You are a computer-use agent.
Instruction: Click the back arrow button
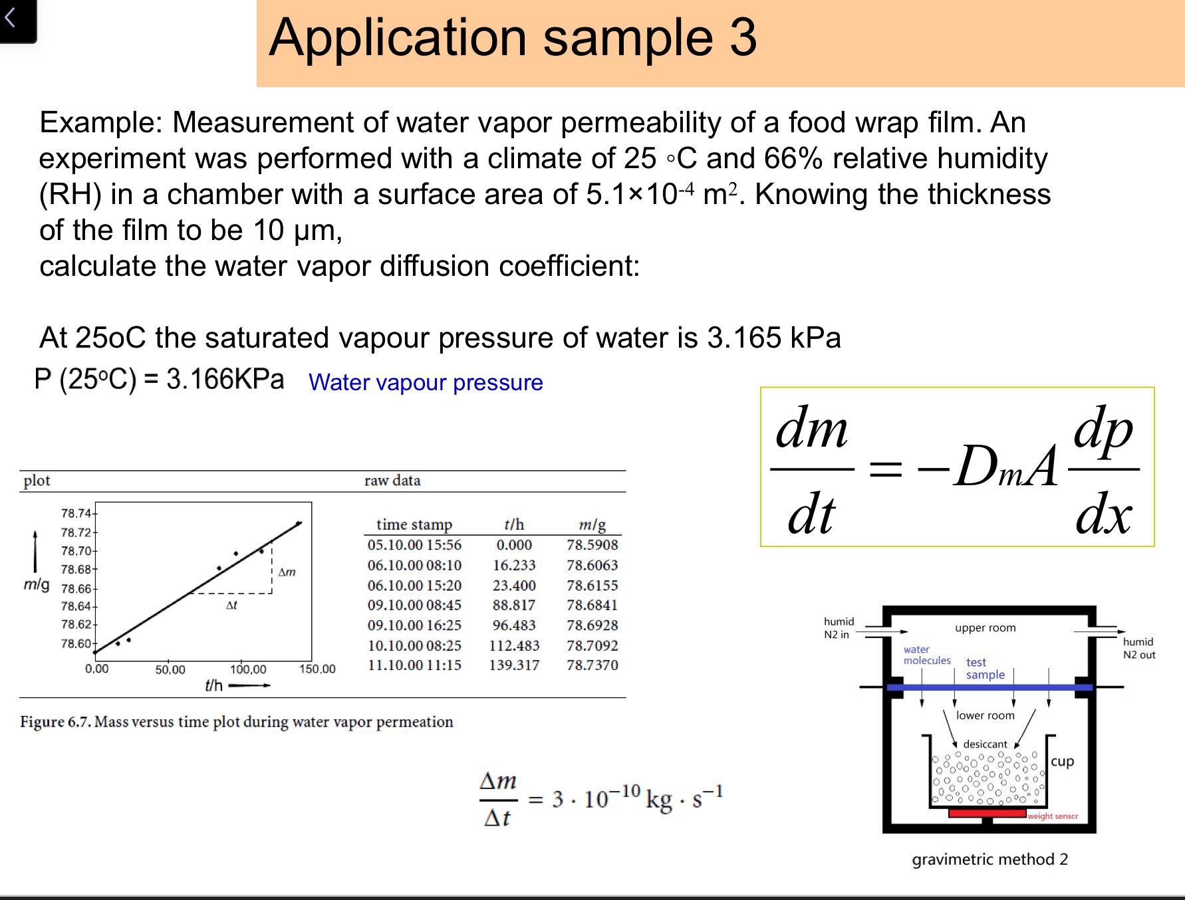(x=11, y=18)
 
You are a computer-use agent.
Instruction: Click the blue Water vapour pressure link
(x=426, y=383)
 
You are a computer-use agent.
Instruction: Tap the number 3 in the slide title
(x=743, y=38)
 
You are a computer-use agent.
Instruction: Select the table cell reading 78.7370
(x=592, y=665)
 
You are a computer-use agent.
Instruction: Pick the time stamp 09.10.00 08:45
(x=414, y=606)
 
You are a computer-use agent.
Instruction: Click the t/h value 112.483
(x=514, y=646)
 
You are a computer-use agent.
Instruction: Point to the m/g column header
(x=592, y=524)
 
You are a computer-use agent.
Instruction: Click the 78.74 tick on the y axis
(x=76, y=513)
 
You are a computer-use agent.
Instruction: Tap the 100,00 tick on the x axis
(x=248, y=669)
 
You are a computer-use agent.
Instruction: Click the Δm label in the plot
(x=287, y=572)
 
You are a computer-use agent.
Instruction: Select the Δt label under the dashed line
(x=231, y=606)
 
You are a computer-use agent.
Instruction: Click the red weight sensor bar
(x=987, y=813)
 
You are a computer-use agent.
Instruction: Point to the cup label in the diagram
(x=1062, y=762)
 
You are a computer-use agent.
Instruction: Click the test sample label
(x=985, y=669)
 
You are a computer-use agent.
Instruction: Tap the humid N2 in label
(x=838, y=628)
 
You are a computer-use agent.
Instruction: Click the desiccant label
(x=985, y=744)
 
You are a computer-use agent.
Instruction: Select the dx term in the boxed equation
(x=1103, y=515)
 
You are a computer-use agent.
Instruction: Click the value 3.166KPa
(x=225, y=380)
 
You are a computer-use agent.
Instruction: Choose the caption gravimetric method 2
(x=989, y=859)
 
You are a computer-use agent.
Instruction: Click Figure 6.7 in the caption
(x=55, y=722)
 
